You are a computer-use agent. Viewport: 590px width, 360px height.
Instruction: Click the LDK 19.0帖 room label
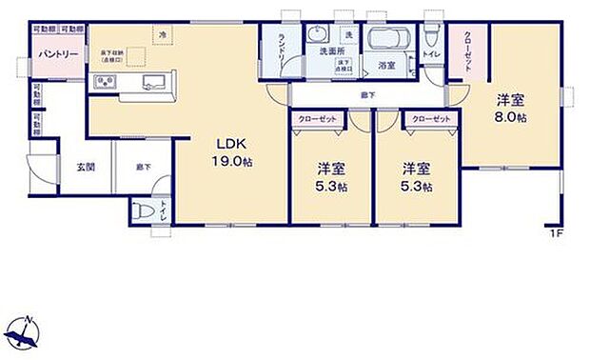coord(230,152)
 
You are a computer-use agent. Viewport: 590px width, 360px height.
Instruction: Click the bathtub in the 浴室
coord(387,39)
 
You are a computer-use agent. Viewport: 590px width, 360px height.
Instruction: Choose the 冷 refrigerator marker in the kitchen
coord(163,34)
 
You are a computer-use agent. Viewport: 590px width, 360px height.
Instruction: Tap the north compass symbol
coord(24,330)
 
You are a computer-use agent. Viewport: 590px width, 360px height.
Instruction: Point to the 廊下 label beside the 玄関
coord(142,167)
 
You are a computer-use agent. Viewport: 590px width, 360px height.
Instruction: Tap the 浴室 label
coord(385,67)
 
